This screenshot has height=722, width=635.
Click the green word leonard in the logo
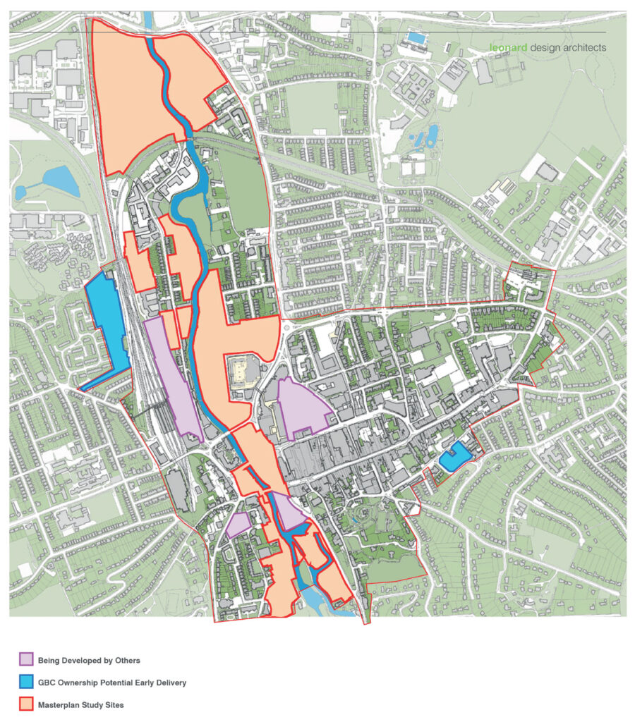[509, 47]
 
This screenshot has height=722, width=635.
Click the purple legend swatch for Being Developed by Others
[25, 661]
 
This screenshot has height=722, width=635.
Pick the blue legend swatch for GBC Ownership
[25, 683]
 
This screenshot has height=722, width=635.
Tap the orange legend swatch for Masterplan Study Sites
[25, 704]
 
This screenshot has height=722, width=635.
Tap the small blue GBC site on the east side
[454, 457]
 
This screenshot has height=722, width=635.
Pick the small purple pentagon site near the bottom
[238, 525]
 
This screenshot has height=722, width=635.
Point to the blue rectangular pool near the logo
[417, 37]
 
